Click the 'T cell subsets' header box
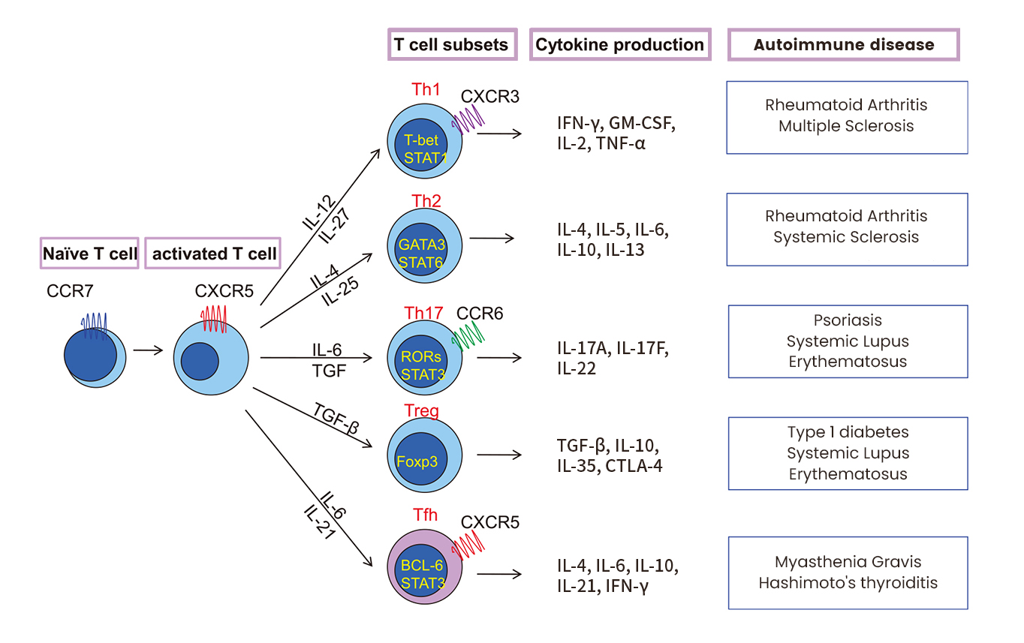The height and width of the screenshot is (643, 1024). (x=451, y=45)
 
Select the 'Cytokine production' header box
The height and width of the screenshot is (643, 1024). (x=620, y=45)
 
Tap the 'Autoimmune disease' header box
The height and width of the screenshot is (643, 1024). (x=844, y=45)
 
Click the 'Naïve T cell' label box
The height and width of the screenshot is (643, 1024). (x=90, y=254)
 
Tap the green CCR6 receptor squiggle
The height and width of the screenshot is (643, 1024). (x=468, y=335)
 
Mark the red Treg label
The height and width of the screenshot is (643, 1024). (x=420, y=410)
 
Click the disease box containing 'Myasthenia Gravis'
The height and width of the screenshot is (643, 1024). (x=848, y=572)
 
